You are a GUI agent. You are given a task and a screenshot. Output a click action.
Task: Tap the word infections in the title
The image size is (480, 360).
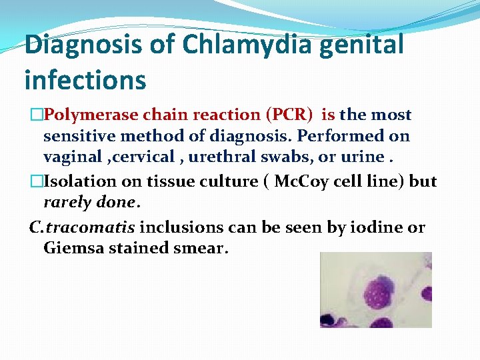click(x=85, y=80)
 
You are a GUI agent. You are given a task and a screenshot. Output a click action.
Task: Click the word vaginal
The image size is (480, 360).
click(x=73, y=158)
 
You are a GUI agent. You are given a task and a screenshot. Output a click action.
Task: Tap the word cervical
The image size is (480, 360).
click(x=144, y=158)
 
